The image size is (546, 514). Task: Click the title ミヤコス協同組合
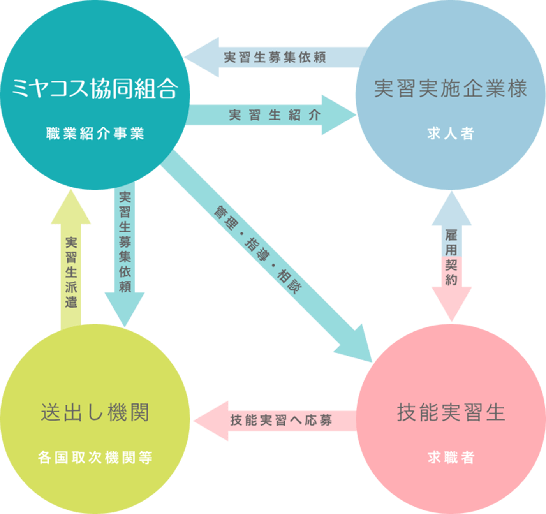point(95,88)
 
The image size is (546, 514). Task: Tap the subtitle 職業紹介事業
point(95,134)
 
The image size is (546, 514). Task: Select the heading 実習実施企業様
point(451,88)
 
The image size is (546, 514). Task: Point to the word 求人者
point(451,134)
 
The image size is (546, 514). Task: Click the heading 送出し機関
point(95,412)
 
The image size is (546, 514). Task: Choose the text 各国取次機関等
point(95,457)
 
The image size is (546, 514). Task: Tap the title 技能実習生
point(451,412)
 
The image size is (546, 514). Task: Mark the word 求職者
point(451,457)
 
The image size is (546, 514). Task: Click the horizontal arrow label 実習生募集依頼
point(275,57)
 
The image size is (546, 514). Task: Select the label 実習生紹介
point(275,115)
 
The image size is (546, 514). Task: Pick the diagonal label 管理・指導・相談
point(258,250)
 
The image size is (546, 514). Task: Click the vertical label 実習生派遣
point(71,272)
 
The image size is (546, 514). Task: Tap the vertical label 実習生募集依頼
point(125,241)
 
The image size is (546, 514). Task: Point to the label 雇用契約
point(451,257)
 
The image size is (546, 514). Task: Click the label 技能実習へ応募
point(281,420)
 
